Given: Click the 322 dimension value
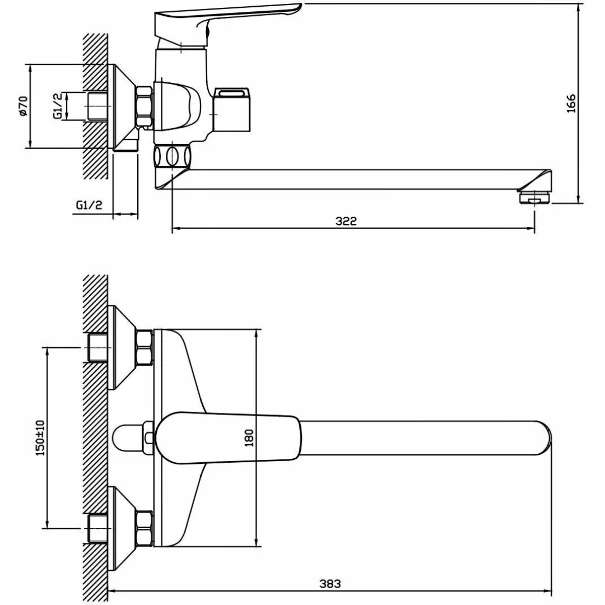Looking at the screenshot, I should pyautogui.click(x=346, y=221).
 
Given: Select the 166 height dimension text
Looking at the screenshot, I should pyautogui.click(x=571, y=104).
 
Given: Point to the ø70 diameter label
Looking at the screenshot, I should pyautogui.click(x=23, y=106).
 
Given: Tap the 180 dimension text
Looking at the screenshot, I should pyautogui.click(x=249, y=438).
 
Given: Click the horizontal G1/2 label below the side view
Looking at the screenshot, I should pyautogui.click(x=89, y=205).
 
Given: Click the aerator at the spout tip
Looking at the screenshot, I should pyautogui.click(x=535, y=197).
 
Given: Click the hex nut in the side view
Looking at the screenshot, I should pyautogui.click(x=144, y=106).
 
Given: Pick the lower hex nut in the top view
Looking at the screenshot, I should pyautogui.click(x=145, y=528).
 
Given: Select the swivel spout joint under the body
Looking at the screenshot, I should pyautogui.click(x=173, y=155).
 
